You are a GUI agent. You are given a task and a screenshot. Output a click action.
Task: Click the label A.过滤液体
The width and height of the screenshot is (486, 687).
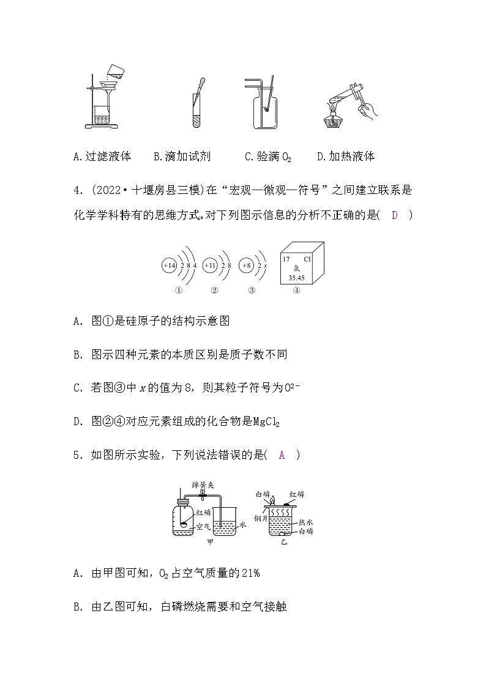click(x=102, y=157)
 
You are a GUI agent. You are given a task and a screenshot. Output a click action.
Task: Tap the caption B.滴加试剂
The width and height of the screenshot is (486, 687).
click(x=182, y=157)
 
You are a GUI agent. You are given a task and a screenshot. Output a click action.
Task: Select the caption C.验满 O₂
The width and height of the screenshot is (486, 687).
click(x=268, y=157)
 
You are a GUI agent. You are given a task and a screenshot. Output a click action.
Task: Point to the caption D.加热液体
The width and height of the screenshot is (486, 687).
click(x=346, y=157)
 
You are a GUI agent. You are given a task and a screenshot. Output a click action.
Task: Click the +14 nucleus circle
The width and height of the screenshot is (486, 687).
click(x=169, y=266)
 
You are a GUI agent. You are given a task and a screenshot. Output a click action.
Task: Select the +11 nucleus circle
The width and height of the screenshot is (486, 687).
click(x=209, y=266)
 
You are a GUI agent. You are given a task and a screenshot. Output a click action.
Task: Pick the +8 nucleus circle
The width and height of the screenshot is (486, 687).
click(x=246, y=266)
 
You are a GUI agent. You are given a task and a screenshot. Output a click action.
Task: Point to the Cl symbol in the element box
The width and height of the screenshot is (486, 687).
click(x=307, y=259)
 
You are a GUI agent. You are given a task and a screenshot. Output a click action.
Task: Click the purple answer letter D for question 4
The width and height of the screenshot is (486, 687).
click(x=395, y=215)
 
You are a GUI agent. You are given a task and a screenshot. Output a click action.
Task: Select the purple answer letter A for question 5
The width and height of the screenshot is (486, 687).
click(x=282, y=455)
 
